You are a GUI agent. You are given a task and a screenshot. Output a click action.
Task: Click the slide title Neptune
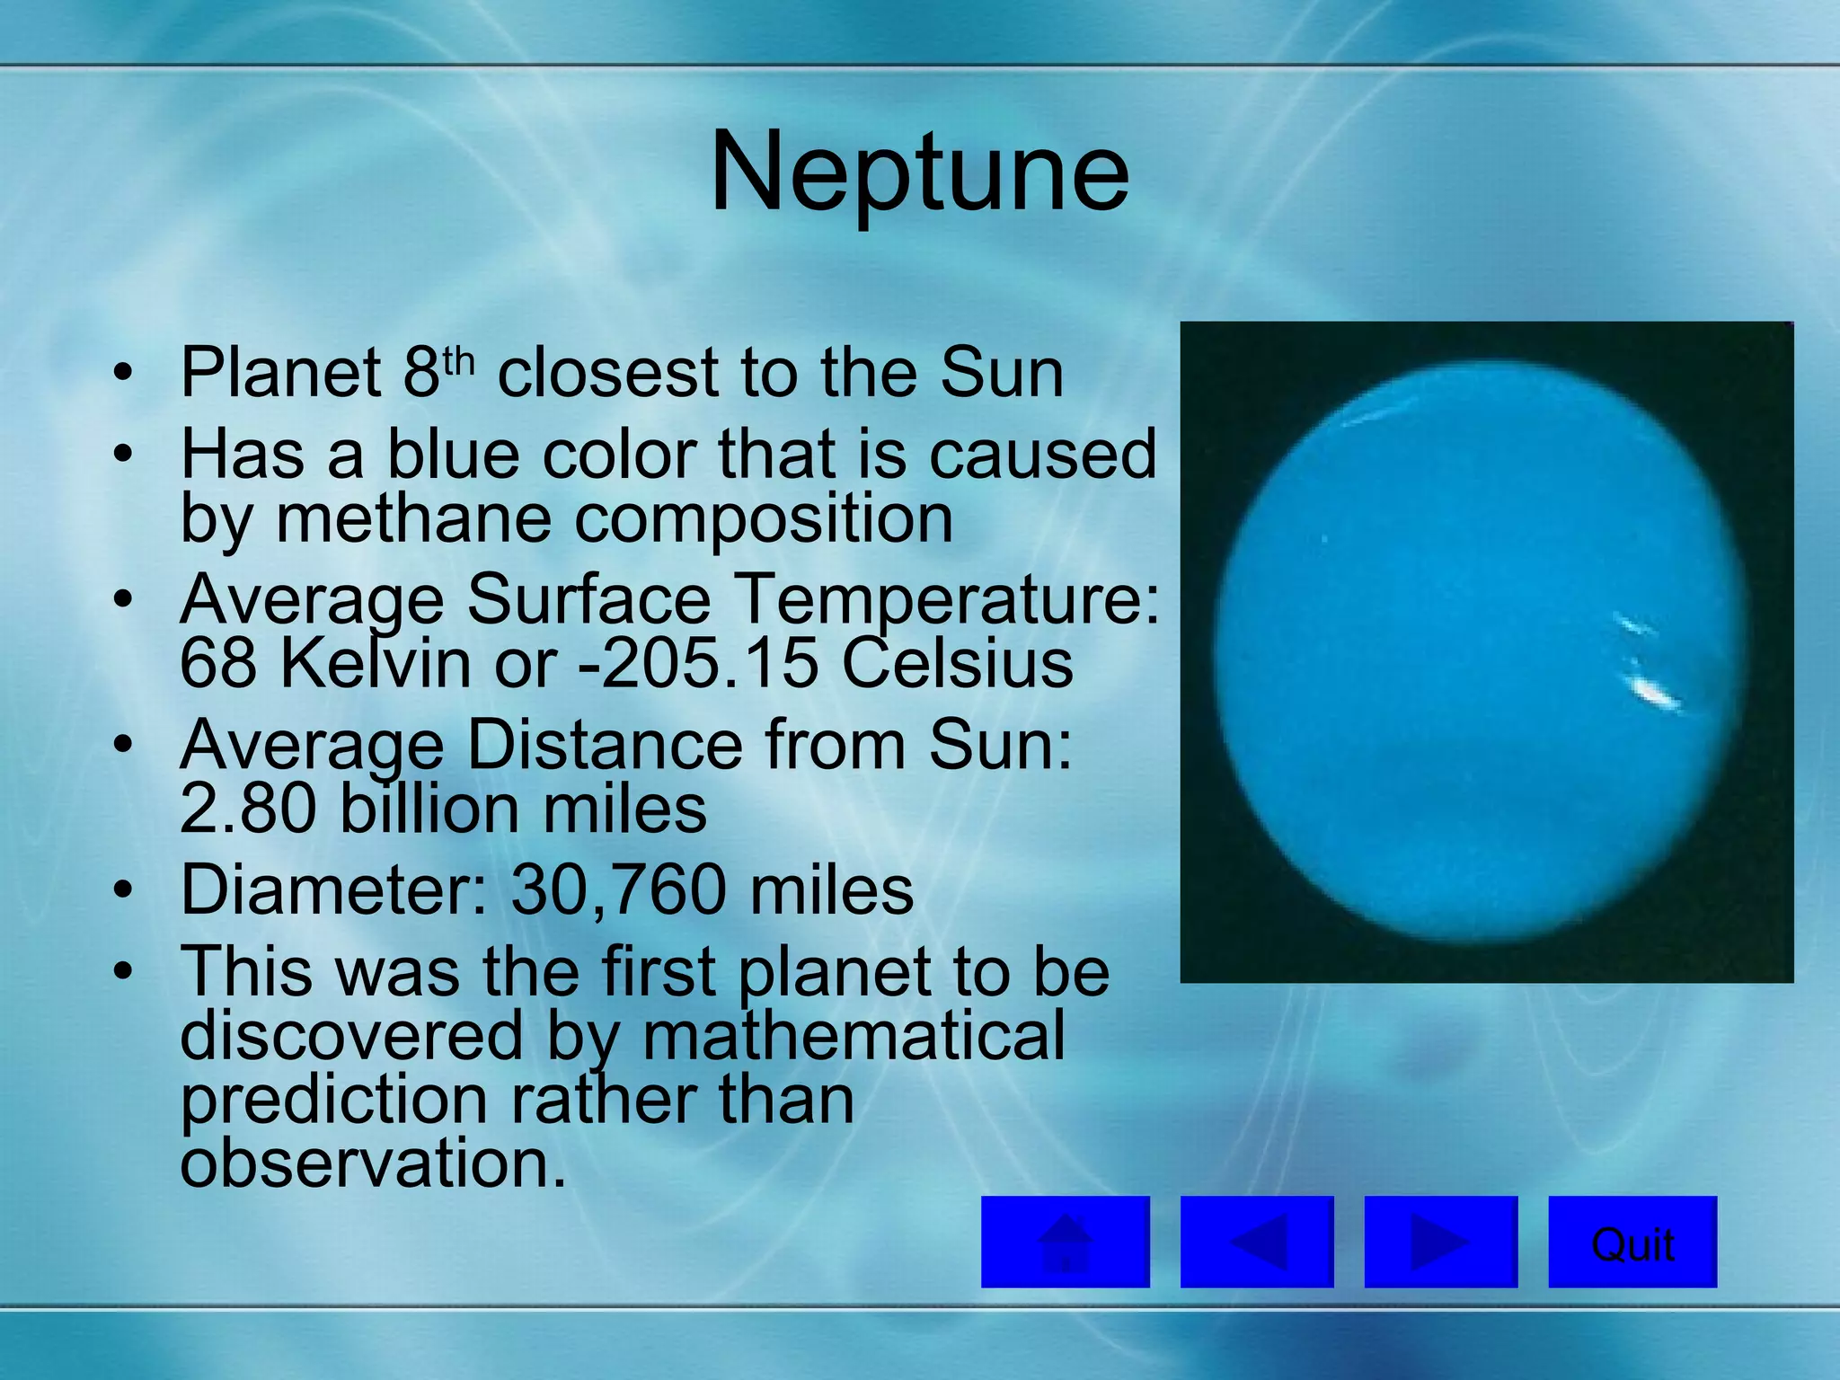[919, 172]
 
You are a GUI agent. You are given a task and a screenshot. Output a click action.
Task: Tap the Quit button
[1632, 1242]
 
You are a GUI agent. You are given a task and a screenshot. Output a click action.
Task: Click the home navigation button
[1065, 1242]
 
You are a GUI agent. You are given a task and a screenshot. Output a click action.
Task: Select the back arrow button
[1256, 1242]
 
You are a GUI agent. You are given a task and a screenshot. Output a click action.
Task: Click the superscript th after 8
[457, 362]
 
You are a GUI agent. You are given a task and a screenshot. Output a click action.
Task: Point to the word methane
[412, 519]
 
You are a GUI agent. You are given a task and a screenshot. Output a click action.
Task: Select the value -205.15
[698, 664]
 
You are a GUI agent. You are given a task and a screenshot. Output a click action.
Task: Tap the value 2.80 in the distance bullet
[248, 809]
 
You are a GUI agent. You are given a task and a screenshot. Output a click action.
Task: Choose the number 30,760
[619, 890]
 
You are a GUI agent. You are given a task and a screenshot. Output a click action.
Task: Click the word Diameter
[332, 890]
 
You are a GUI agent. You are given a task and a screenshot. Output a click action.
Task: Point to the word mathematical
[854, 1035]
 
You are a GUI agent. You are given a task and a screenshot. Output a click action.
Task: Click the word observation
[373, 1163]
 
